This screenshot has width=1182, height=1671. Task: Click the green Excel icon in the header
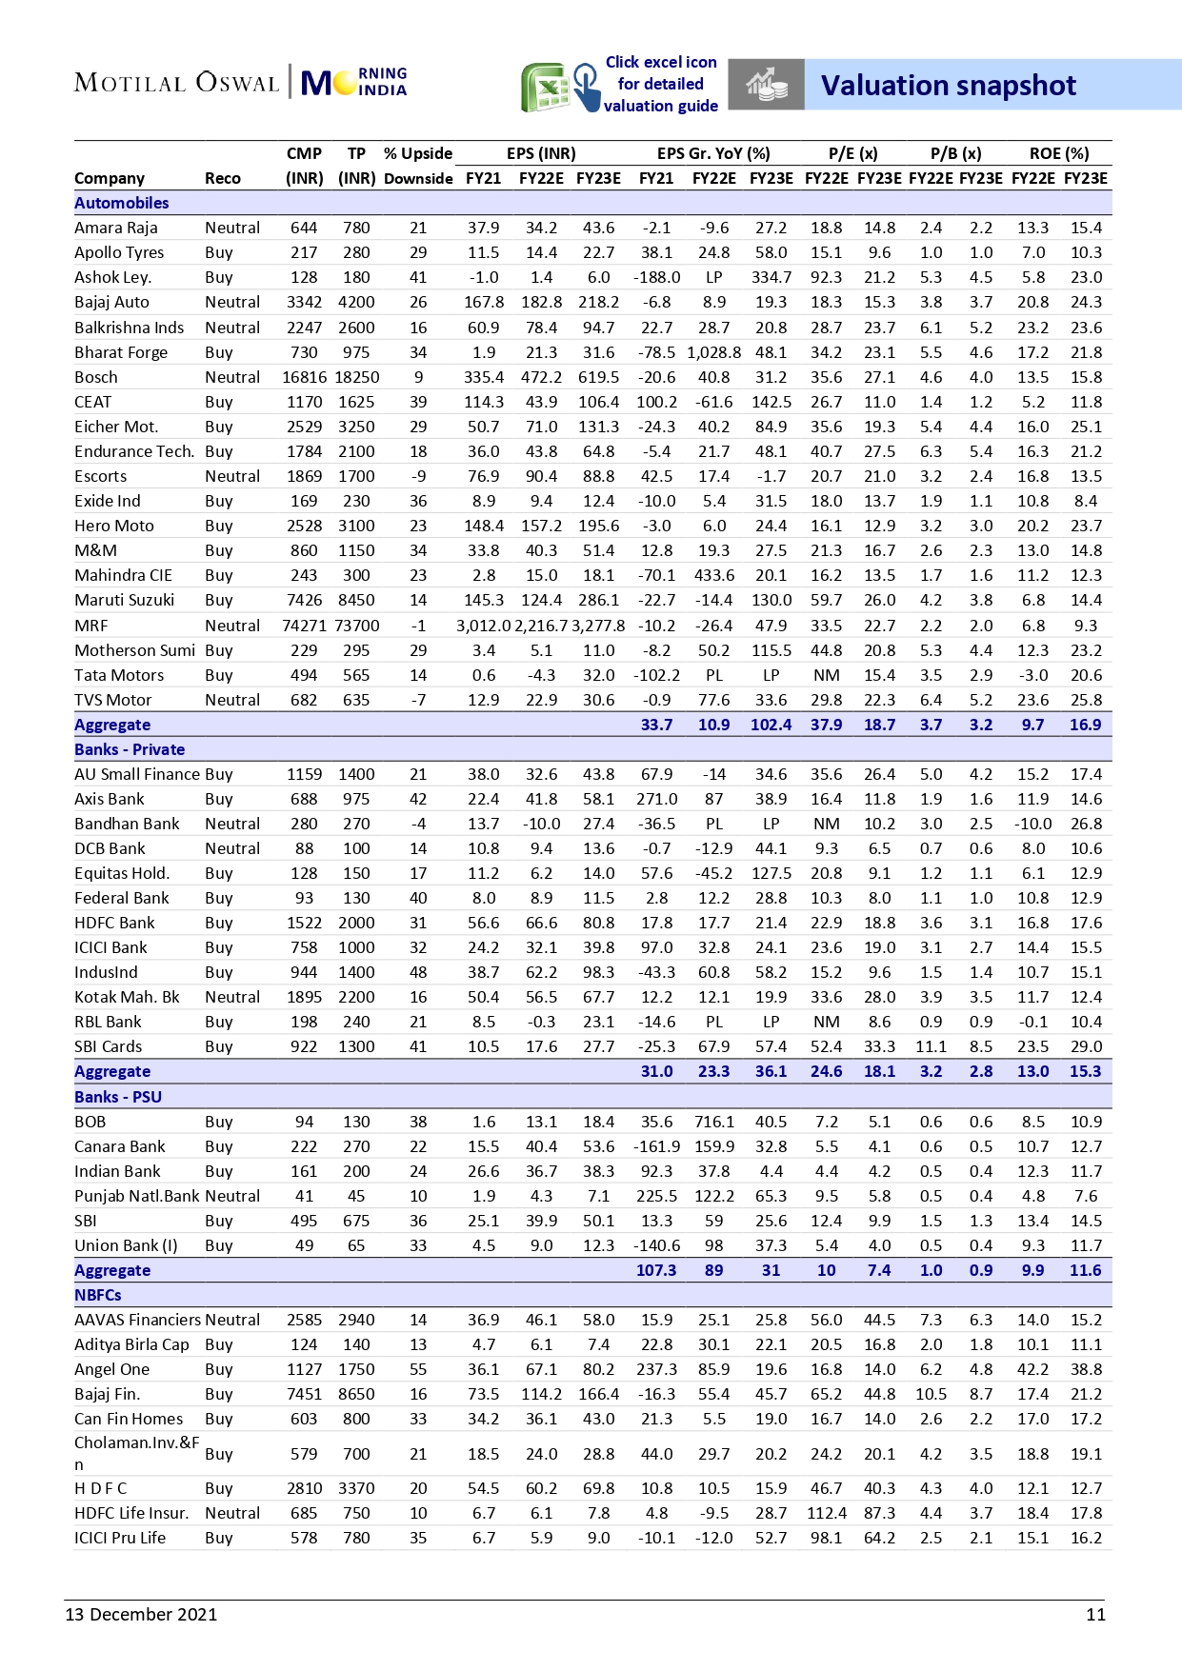[x=544, y=88]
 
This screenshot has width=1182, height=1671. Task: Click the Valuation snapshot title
[x=948, y=86]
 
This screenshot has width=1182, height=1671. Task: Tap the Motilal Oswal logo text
[x=176, y=83]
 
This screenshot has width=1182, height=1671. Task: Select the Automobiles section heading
[x=121, y=203]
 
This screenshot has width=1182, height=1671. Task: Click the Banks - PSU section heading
[x=118, y=1097]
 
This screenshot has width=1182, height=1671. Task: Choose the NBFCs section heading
[x=98, y=1295]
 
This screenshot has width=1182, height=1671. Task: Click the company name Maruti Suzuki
[x=124, y=600]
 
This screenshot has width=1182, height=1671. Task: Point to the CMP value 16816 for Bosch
[x=304, y=377]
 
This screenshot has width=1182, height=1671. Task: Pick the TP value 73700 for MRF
[x=356, y=626]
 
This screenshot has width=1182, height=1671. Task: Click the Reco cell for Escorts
[x=231, y=476]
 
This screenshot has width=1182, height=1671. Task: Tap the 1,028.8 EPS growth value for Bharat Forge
[x=713, y=352]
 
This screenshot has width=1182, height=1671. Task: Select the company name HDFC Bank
[x=114, y=923]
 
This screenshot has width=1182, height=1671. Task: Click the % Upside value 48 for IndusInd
[x=418, y=972]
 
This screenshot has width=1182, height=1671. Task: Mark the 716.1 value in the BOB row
[x=713, y=1122]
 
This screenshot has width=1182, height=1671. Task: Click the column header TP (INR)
[x=356, y=166]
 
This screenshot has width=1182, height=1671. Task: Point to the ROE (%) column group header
[x=1058, y=153]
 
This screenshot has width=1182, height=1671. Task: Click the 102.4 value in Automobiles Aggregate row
[x=771, y=725]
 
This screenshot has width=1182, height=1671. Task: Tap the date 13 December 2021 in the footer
[x=141, y=1614]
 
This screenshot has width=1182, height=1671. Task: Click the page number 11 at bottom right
[x=1095, y=1614]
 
